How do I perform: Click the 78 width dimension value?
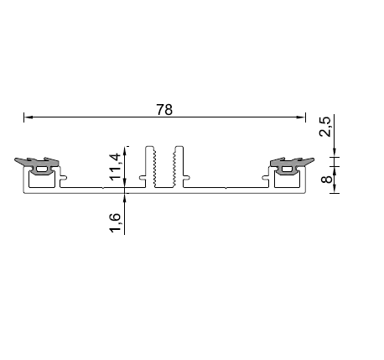click(164, 110)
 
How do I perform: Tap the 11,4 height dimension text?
click(115, 167)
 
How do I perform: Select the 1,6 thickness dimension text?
click(115, 222)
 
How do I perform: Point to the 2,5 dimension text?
click(324, 127)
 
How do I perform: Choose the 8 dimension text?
click(326, 179)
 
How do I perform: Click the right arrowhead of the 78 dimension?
click(301, 117)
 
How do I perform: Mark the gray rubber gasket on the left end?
click(37, 165)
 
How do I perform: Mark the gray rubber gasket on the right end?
click(292, 165)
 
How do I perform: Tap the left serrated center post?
click(149, 167)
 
